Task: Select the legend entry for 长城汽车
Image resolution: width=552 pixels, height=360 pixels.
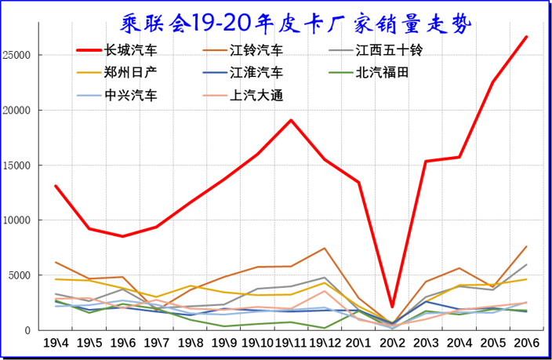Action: click(x=131, y=50)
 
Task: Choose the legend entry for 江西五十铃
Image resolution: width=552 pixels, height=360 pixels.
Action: click(x=388, y=50)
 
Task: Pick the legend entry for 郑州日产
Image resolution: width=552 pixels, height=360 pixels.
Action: click(x=131, y=73)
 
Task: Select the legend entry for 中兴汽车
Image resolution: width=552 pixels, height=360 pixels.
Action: click(x=131, y=96)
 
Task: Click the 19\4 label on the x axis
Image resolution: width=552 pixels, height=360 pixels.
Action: click(x=56, y=343)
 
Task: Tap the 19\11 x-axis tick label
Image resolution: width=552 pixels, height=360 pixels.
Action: click(x=292, y=343)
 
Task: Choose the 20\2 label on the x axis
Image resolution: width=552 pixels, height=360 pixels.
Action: click(x=392, y=343)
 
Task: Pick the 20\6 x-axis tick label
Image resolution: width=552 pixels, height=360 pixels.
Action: click(x=526, y=343)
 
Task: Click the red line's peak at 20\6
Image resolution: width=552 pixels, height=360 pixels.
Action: click(x=526, y=37)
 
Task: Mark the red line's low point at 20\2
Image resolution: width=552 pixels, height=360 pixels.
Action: click(x=392, y=307)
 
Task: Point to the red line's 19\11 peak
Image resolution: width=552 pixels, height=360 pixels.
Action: click(x=292, y=120)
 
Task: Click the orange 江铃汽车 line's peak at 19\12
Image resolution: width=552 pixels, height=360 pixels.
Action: click(x=325, y=249)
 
